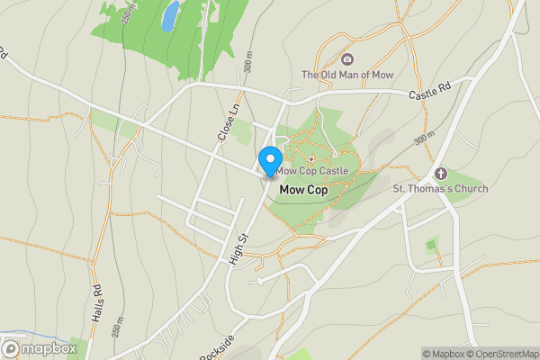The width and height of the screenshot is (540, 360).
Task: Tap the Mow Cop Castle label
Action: pyautogui.click(x=311, y=170)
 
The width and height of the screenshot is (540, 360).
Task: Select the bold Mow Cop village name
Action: pyautogui.click(x=303, y=191)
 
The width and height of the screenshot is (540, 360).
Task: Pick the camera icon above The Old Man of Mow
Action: pyautogui.click(x=346, y=58)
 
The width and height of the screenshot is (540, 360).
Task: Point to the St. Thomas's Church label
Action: pyautogui.click(x=440, y=189)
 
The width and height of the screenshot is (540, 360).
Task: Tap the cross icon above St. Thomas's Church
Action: pyautogui.click(x=441, y=173)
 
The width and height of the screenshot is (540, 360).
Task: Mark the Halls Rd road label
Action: pyautogui.click(x=97, y=292)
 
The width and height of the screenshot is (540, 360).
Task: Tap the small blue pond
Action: pyautogui.click(x=170, y=14)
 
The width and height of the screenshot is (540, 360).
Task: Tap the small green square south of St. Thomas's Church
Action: pyautogui.click(x=432, y=244)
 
